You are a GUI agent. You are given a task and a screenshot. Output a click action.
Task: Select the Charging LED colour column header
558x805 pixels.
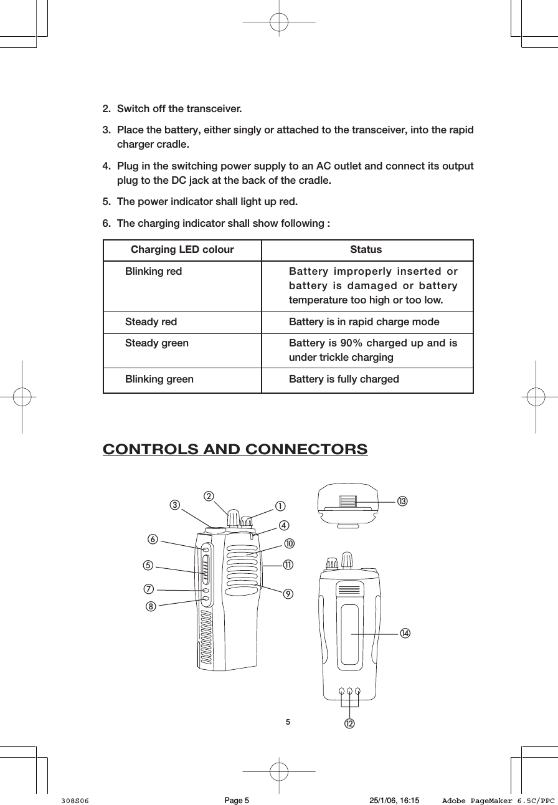pos(182,250)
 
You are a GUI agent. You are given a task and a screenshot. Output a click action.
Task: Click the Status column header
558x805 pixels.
pos(366,250)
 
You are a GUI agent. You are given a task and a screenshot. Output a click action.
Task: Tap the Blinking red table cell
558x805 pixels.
pos(154,272)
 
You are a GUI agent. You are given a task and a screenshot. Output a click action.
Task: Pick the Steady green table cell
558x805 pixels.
pos(157,343)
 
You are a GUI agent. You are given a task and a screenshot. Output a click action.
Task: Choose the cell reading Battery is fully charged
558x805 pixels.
pos(344,379)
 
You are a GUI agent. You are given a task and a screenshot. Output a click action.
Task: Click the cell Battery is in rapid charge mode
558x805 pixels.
pos(364,322)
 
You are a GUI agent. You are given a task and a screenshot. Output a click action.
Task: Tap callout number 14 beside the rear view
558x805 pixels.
pos(405,633)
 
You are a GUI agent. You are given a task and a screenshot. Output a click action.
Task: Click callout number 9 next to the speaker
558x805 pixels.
pos(286,593)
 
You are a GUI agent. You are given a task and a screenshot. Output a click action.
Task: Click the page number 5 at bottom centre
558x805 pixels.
pos(288,723)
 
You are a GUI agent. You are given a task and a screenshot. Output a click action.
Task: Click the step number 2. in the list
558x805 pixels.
pos(106,110)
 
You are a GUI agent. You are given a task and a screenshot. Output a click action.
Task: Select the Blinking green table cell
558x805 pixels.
pos(159,379)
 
